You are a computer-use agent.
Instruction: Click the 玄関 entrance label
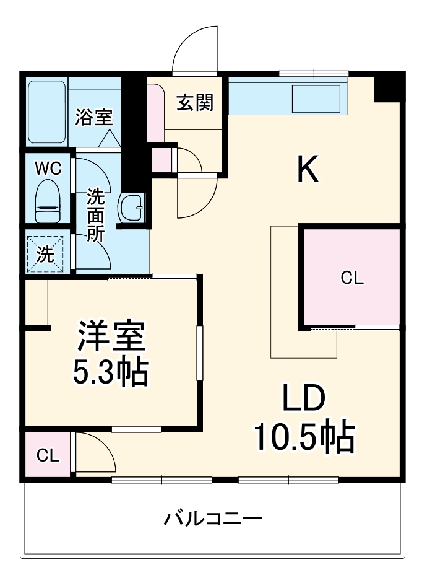click(x=196, y=103)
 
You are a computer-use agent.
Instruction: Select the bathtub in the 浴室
click(x=47, y=112)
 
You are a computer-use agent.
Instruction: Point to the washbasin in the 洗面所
click(x=131, y=207)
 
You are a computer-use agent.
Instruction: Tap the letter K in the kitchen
click(x=308, y=169)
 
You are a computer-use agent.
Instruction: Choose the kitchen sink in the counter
click(x=316, y=99)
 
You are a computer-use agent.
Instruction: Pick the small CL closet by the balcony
click(x=48, y=455)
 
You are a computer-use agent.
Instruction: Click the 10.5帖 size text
click(x=303, y=437)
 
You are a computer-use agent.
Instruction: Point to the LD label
click(x=304, y=400)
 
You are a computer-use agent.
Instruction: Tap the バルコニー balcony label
click(x=212, y=518)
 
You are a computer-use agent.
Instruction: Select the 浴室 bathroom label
click(x=94, y=117)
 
